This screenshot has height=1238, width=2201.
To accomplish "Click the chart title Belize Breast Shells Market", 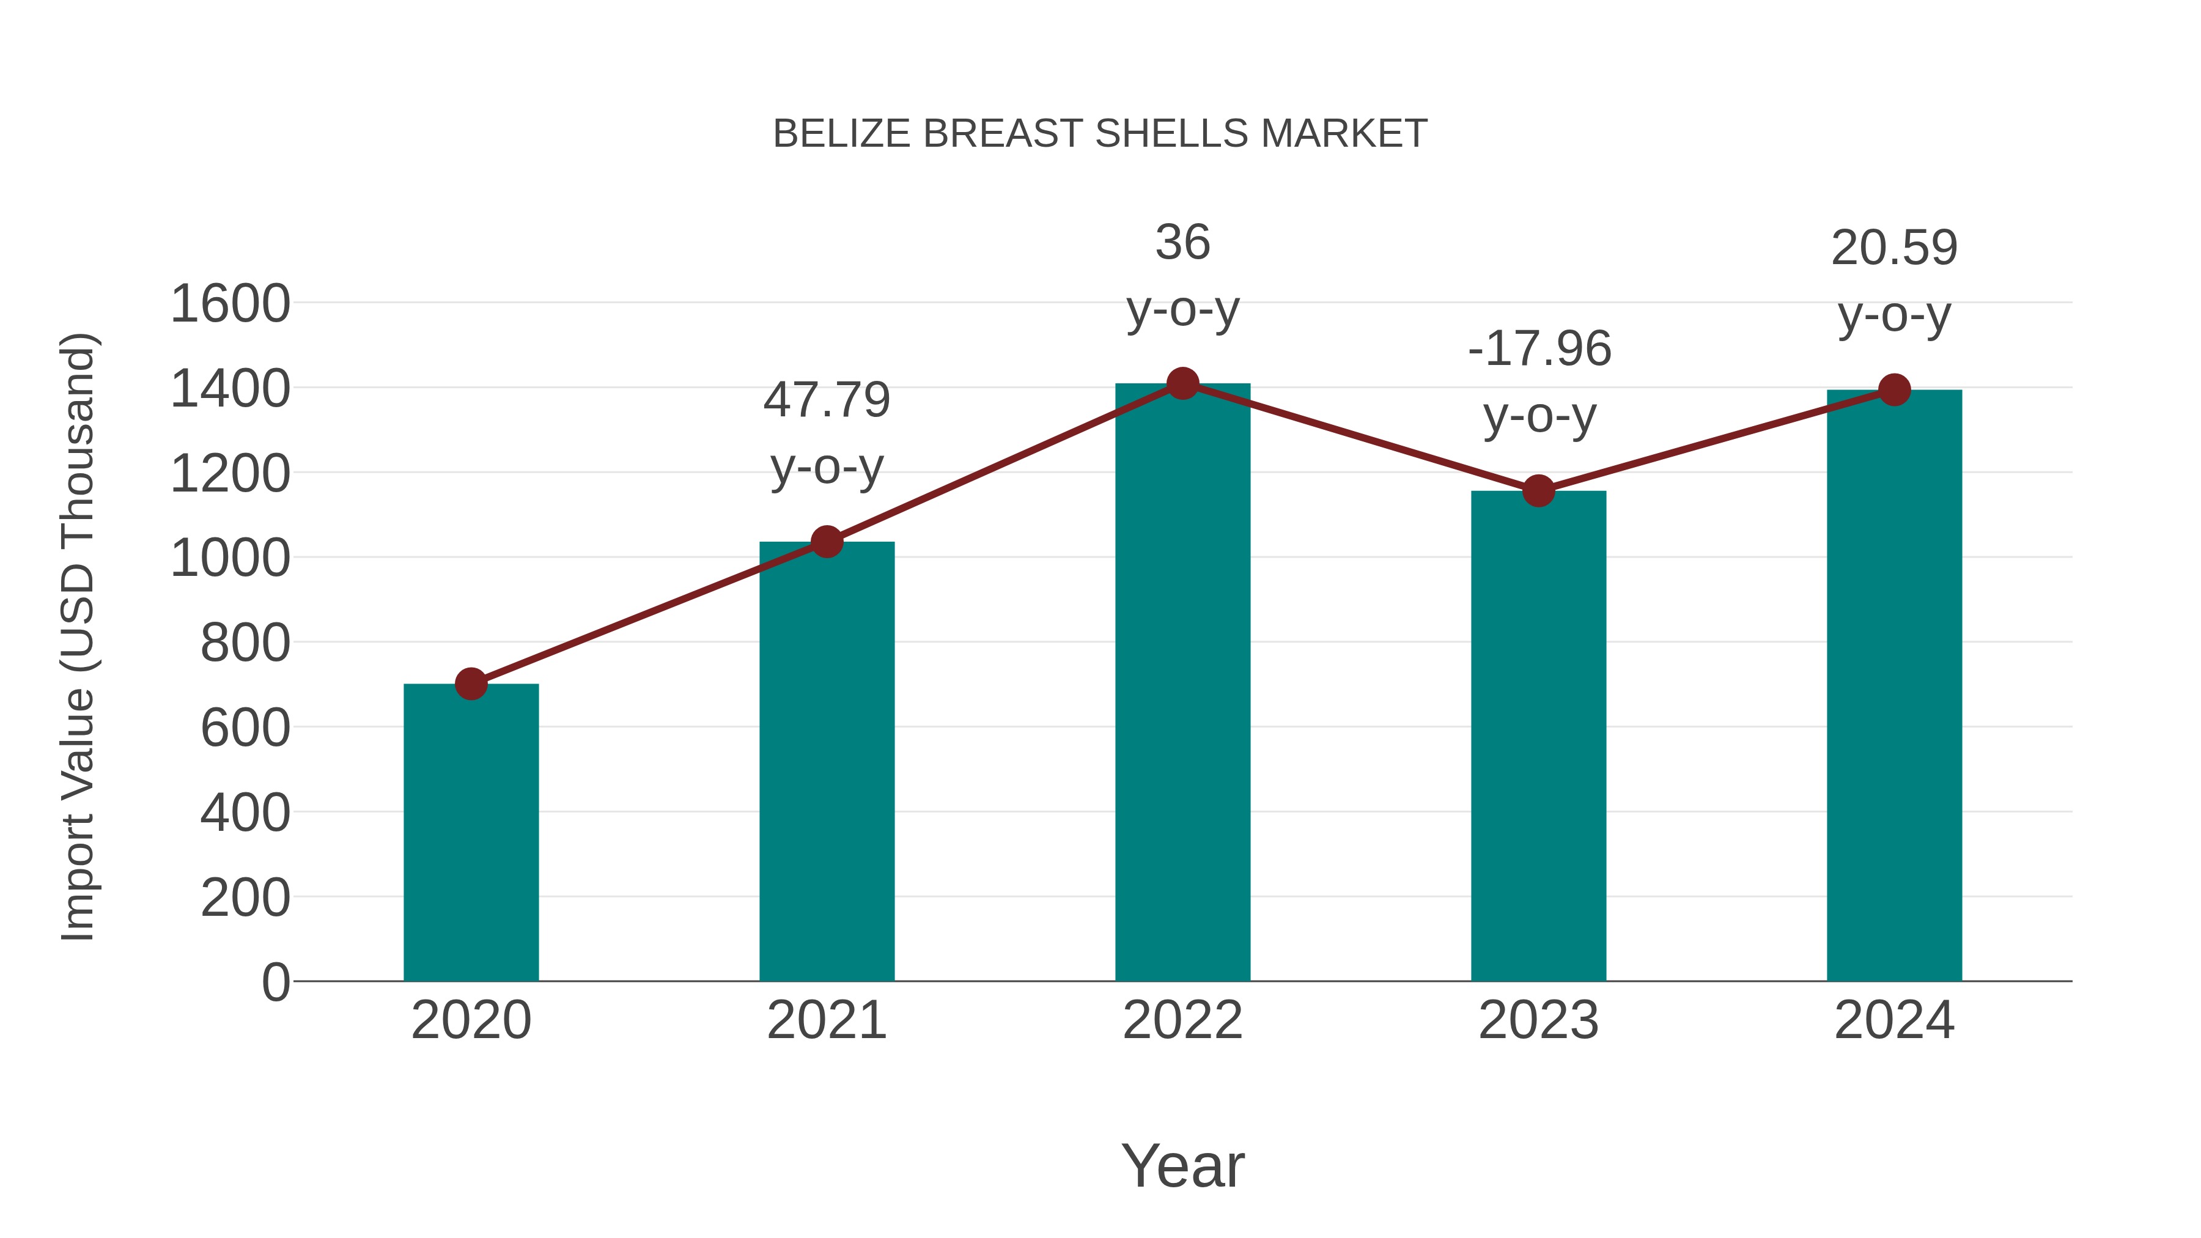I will tap(1100, 134).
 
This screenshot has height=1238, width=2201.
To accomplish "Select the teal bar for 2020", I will tap(471, 833).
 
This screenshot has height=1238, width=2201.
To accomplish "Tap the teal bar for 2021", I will tap(826, 761).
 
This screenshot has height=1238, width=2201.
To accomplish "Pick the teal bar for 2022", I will tap(1182, 683).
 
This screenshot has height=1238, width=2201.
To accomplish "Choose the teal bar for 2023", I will tap(1538, 735).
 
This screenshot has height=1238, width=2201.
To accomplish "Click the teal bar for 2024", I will tap(1894, 683).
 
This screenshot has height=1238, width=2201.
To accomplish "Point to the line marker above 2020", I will tap(471, 683).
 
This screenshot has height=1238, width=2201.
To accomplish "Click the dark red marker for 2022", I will tap(1182, 383).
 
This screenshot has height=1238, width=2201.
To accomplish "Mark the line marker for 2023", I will tap(1538, 492).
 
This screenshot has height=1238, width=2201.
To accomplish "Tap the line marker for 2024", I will tap(1894, 389).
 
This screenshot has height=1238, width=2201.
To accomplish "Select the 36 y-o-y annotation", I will tap(1182, 275).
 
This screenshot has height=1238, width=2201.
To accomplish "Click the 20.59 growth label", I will tap(1894, 281).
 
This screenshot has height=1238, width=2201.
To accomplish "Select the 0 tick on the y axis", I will tap(275, 982).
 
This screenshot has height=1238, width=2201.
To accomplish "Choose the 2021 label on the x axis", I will tap(826, 1020).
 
